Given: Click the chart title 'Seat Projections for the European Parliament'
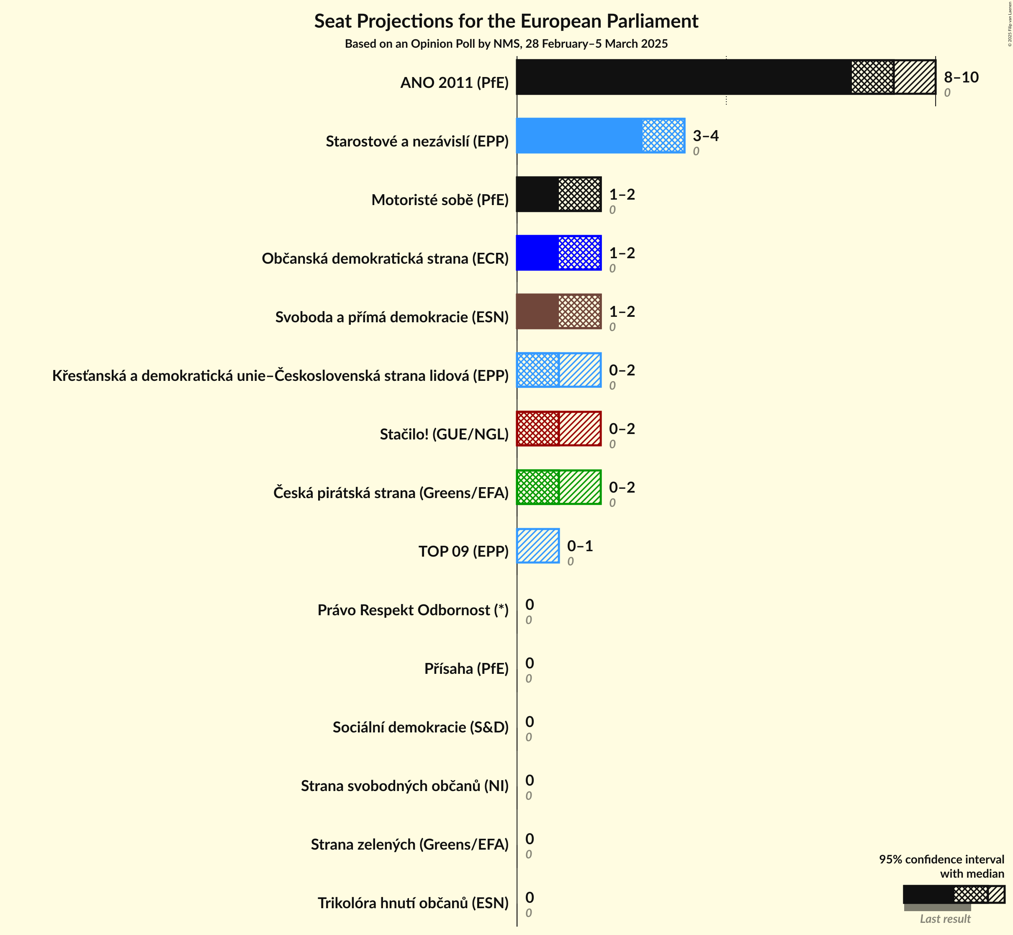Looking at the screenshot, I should click(x=506, y=21).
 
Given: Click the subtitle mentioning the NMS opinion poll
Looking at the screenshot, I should click(x=506, y=44).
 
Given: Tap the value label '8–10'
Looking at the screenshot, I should click(x=961, y=77).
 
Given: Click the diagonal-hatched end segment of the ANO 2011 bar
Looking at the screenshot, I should click(x=914, y=77).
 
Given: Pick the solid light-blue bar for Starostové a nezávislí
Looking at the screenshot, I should click(x=579, y=136).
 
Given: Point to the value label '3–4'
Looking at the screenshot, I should click(x=705, y=136).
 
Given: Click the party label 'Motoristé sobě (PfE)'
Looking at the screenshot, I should click(x=440, y=200).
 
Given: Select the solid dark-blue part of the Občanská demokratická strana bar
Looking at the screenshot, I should click(x=537, y=253).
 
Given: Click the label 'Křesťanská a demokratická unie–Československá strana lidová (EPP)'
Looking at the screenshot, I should click(x=280, y=375).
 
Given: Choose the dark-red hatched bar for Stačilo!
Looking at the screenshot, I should click(x=559, y=429).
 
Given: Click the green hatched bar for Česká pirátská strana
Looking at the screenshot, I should click(x=559, y=487).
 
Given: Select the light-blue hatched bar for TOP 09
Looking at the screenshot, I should click(x=538, y=546).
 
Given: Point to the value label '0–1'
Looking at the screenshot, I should click(x=580, y=546).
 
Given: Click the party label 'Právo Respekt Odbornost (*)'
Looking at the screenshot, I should click(x=413, y=610).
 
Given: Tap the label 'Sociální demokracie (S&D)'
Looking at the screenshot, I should click(x=421, y=727).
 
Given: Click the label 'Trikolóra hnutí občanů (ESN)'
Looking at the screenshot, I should click(x=413, y=903).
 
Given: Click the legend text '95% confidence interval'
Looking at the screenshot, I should click(x=941, y=859).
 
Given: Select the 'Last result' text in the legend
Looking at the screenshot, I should click(x=945, y=919).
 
